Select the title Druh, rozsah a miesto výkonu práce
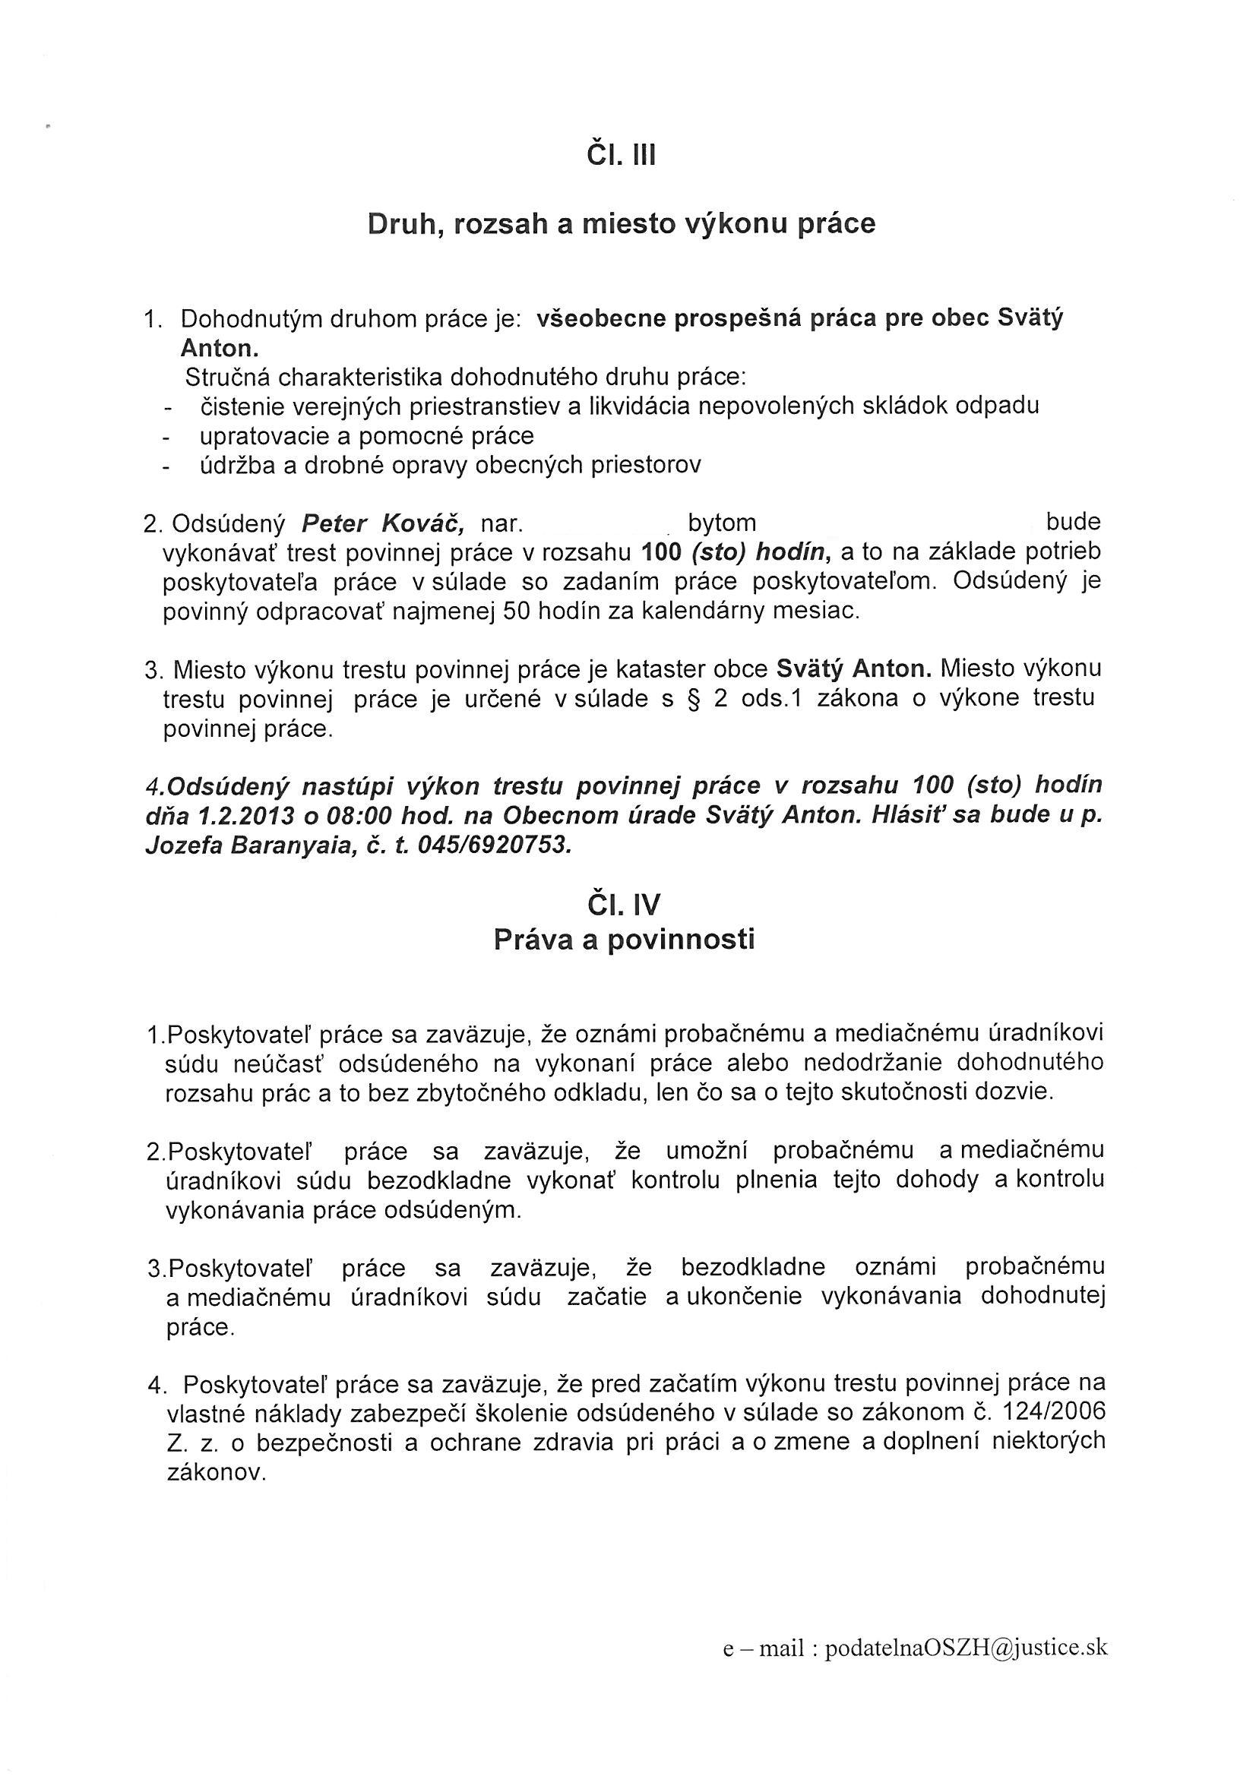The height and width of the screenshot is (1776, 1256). click(622, 223)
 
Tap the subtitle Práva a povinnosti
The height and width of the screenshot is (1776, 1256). click(624, 940)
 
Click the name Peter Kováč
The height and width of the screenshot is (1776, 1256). click(382, 523)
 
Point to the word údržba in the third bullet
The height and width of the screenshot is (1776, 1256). click(237, 465)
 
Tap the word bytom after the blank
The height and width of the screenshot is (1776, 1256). click(721, 523)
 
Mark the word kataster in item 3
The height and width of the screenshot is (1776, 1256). click(679, 668)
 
